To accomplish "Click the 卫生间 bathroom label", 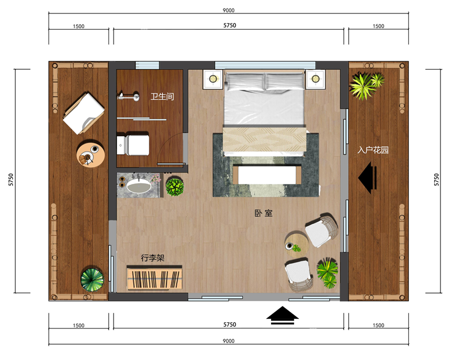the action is point(162,96).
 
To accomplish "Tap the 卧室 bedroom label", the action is point(263,213).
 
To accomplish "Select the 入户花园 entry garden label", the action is point(373,150).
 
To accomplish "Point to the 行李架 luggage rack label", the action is point(152,258).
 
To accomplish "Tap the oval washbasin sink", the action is point(139,186).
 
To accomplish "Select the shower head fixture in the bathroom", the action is point(129,96).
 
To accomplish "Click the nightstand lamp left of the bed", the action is point(213,79).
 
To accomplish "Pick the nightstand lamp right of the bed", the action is point(316,79).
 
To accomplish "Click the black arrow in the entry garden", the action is point(367,178).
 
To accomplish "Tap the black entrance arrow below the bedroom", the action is point(282,315).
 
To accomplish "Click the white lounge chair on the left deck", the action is point(83,113).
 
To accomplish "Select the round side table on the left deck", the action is point(91,154).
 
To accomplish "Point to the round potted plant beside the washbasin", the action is point(175,187).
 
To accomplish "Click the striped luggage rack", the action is point(154,278).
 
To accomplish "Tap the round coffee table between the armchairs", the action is point(297,244).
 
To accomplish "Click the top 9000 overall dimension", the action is point(228,10).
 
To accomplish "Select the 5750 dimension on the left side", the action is point(11,179).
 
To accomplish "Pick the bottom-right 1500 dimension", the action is point(378,325).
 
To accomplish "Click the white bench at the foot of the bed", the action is point(267,174).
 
